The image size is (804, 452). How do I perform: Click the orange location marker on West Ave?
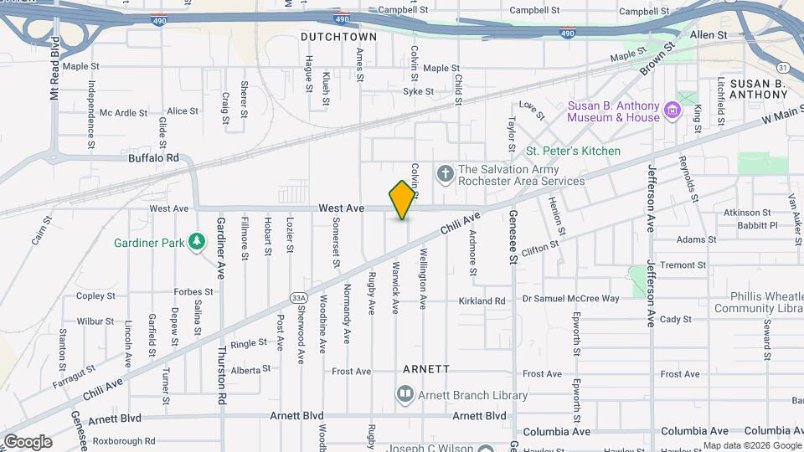click(403, 199)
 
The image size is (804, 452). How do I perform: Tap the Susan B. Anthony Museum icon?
click(671, 111)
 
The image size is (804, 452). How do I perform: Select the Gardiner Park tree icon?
click(197, 243)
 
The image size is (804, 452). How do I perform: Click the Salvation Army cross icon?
click(445, 174)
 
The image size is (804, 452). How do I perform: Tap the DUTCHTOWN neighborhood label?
click(339, 38)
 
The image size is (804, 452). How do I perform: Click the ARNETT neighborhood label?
click(426, 368)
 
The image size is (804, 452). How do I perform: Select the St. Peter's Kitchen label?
click(573, 152)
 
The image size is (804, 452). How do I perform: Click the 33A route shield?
click(299, 297)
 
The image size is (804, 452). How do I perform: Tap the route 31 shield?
click(782, 67)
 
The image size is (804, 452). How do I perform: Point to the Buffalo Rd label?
click(154, 157)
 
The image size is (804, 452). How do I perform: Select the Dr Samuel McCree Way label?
click(570, 299)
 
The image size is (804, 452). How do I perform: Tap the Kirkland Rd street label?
click(482, 301)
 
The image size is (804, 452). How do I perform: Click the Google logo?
click(28, 442)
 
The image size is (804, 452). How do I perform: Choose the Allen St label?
click(709, 35)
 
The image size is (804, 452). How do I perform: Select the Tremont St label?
click(683, 265)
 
